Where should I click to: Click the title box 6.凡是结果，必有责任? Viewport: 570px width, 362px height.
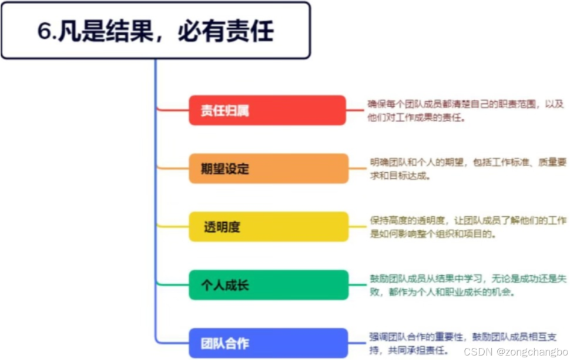(x=155, y=31)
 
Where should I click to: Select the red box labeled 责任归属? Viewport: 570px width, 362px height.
(x=267, y=110)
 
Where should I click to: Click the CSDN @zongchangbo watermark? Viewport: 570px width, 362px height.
(x=515, y=351)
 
